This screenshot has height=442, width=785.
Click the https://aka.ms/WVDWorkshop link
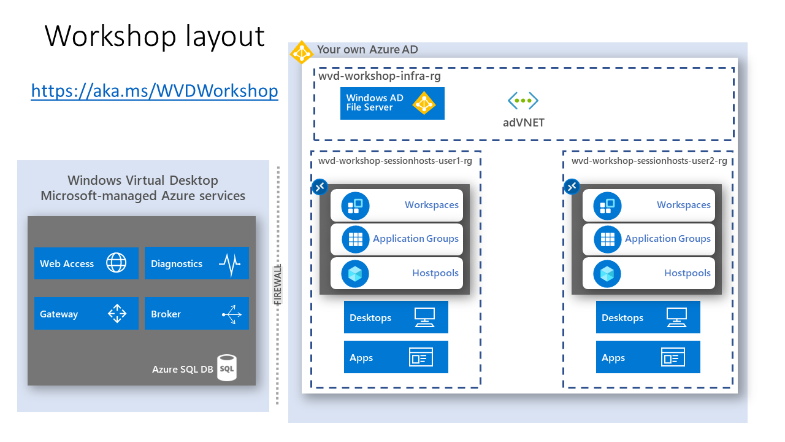(x=155, y=91)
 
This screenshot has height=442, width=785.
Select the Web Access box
(x=86, y=263)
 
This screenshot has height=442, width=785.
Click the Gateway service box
(x=86, y=314)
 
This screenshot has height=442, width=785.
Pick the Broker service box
(x=196, y=314)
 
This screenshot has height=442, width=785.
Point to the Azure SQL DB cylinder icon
(x=227, y=368)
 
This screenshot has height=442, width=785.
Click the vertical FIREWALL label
(x=278, y=285)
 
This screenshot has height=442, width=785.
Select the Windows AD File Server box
(x=392, y=103)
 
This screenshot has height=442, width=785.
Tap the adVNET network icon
(x=523, y=101)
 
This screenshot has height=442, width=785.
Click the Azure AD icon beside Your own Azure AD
(x=302, y=53)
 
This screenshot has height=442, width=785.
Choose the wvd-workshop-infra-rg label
(x=379, y=76)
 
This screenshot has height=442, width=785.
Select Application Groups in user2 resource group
(x=649, y=239)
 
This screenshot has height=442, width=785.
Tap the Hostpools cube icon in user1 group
(x=355, y=273)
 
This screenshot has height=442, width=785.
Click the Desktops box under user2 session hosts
(x=648, y=317)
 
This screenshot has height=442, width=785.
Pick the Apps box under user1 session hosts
(x=396, y=357)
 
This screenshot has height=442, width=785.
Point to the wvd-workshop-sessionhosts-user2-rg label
(x=649, y=161)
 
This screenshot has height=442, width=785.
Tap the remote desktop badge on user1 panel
(x=320, y=187)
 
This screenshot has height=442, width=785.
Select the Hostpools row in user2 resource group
(x=649, y=273)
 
